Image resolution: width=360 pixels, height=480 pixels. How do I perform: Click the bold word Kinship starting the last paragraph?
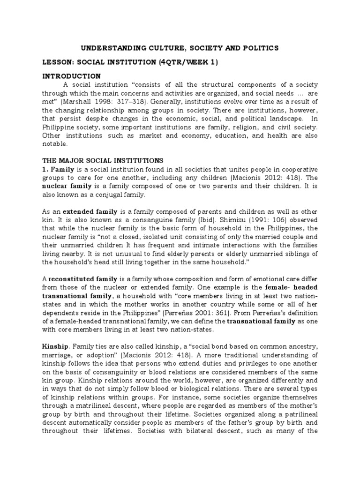55,346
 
